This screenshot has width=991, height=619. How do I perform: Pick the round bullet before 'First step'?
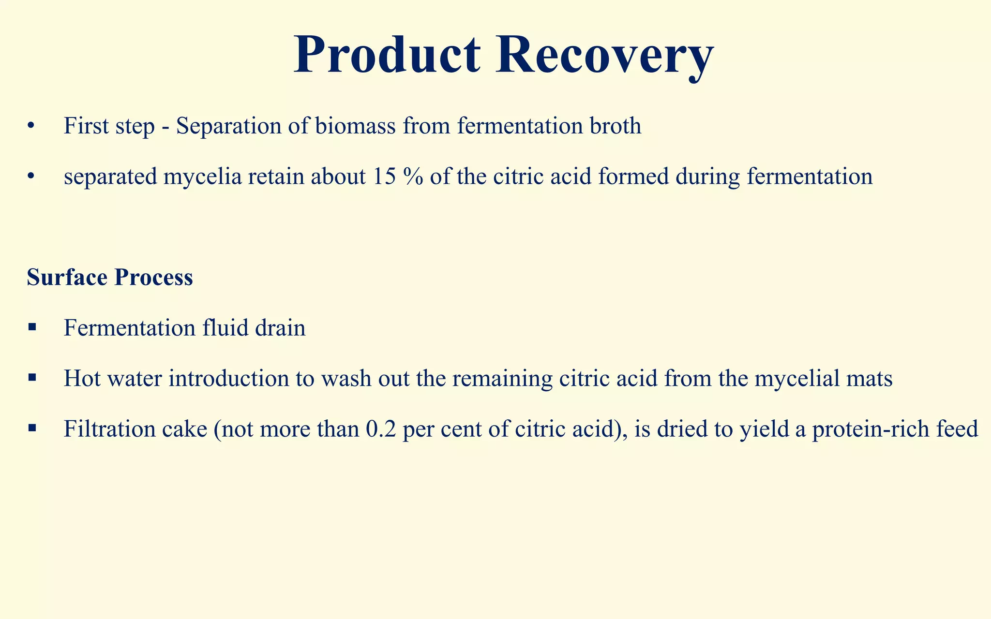(31, 127)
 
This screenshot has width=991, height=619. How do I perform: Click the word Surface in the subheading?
(67, 278)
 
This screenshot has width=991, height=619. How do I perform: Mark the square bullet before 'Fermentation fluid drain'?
(32, 328)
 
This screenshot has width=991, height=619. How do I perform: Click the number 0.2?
(381, 429)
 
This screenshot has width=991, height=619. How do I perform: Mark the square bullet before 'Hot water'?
(32, 378)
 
